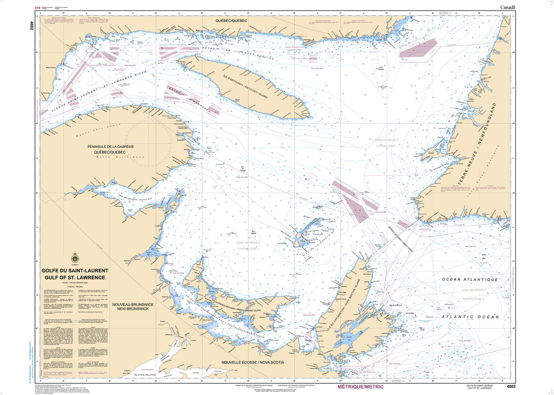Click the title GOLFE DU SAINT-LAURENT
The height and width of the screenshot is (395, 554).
click(75, 271)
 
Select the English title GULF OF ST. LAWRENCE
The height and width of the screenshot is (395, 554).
click(75, 277)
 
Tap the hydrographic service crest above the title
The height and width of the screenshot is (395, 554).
click(75, 259)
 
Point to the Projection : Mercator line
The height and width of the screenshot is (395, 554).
click(75, 287)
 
